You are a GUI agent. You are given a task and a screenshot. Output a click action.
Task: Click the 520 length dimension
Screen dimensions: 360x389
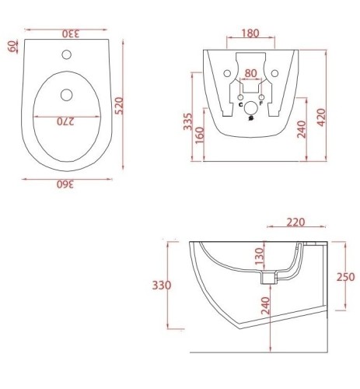coord(119,106)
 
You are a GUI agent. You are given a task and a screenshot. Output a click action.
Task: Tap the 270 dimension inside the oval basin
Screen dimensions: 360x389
coord(66,121)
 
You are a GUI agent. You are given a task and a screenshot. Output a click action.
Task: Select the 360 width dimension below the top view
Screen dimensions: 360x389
coord(65,184)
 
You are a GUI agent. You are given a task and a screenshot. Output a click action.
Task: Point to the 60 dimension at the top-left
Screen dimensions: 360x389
coord(12,46)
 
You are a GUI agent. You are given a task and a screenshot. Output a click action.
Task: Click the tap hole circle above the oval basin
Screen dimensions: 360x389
coord(67,54)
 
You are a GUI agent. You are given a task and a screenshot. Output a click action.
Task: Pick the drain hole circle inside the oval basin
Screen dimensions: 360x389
coord(67,95)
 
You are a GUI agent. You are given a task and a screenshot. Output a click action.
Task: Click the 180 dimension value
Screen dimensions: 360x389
coord(250,33)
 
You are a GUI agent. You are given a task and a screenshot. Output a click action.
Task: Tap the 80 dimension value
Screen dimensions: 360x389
coord(250,73)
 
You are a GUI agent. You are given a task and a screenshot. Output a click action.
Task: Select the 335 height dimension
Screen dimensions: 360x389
coord(188,121)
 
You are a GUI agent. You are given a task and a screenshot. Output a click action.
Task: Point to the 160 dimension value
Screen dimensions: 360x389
coord(200,135)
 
